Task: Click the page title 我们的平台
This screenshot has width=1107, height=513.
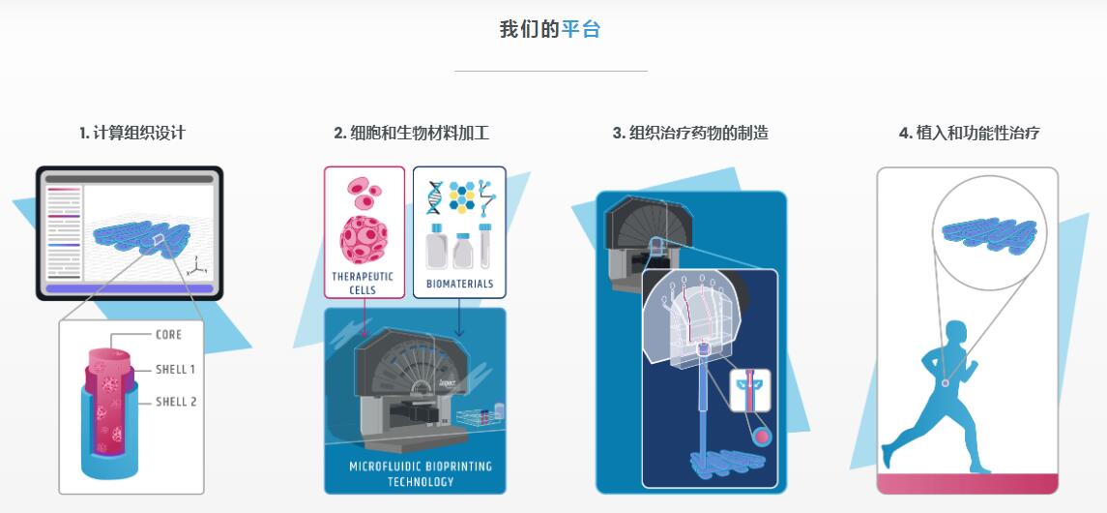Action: coord(550,29)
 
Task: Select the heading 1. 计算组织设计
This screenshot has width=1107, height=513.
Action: coord(132,134)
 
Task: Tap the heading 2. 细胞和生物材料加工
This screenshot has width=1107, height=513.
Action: coord(412,134)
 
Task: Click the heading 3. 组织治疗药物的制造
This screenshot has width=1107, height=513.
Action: coord(690,134)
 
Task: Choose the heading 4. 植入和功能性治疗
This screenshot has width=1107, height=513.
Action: coord(969,134)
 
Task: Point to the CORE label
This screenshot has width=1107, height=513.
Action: coord(168,335)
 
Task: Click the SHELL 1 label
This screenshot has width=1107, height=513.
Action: coord(176,369)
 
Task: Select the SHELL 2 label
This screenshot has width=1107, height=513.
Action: coord(176,402)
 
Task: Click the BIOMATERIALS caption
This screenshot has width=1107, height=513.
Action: coord(460,285)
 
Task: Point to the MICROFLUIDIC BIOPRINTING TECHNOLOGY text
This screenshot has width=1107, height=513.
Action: coord(421,473)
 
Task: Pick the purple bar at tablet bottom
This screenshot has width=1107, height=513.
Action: coord(130,288)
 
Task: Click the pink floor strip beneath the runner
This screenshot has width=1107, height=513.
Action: coord(967,483)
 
